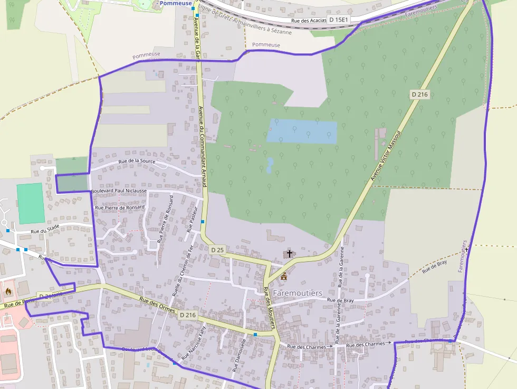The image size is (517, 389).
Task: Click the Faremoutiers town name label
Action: [x=298, y=292]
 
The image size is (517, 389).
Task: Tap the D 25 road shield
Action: [x=217, y=249]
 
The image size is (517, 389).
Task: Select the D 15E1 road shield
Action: [x=339, y=20]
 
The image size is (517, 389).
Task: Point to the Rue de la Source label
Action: [x=137, y=161]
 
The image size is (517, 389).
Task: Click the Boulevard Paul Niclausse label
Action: [x=119, y=191]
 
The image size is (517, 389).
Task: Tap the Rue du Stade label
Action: [x=45, y=231]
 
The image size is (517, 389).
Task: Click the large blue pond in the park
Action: [x=301, y=131]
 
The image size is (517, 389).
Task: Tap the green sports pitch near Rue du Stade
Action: [x=30, y=203]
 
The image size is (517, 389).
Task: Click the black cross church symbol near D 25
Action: [x=289, y=254]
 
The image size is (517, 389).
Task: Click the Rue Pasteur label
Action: [x=192, y=220]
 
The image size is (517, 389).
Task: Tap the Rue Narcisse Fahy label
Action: [x=193, y=344]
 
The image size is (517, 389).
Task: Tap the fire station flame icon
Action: [x=8, y=291]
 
